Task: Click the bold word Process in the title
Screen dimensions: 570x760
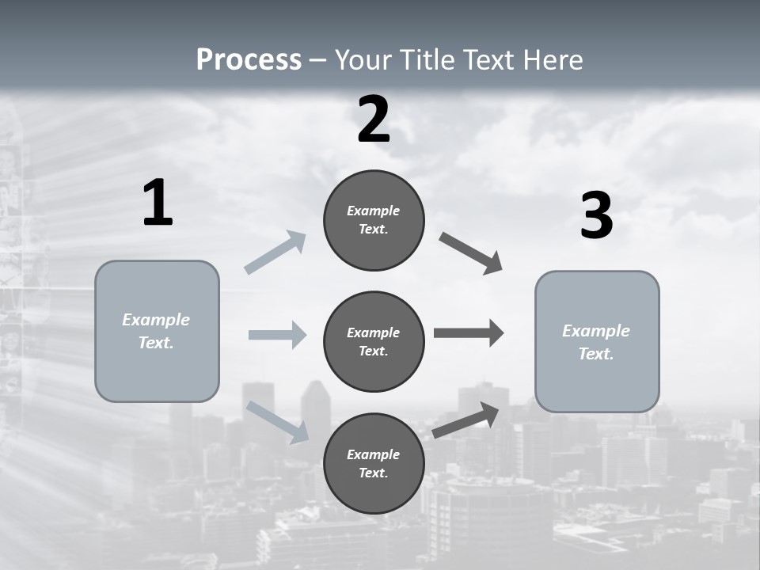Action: (x=249, y=59)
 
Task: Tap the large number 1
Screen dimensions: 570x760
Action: (x=158, y=203)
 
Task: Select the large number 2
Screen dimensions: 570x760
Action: (x=374, y=120)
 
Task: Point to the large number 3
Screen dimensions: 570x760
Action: (x=597, y=216)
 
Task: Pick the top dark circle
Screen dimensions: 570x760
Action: (x=374, y=220)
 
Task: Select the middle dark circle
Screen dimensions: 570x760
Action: (x=374, y=341)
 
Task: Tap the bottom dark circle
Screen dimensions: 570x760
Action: (x=374, y=463)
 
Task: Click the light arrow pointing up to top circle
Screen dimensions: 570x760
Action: (x=275, y=253)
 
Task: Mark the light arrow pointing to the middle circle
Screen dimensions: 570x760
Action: (x=277, y=335)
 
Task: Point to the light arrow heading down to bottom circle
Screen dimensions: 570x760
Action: (x=277, y=421)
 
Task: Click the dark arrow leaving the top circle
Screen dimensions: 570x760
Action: (x=470, y=253)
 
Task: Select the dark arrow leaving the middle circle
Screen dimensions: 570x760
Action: (x=469, y=333)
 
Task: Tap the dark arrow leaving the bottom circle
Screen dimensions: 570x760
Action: (x=465, y=420)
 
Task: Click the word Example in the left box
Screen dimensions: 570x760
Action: (x=156, y=320)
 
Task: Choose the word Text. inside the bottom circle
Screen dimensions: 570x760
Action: (x=374, y=473)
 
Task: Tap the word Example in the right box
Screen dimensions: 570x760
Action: (x=596, y=331)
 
